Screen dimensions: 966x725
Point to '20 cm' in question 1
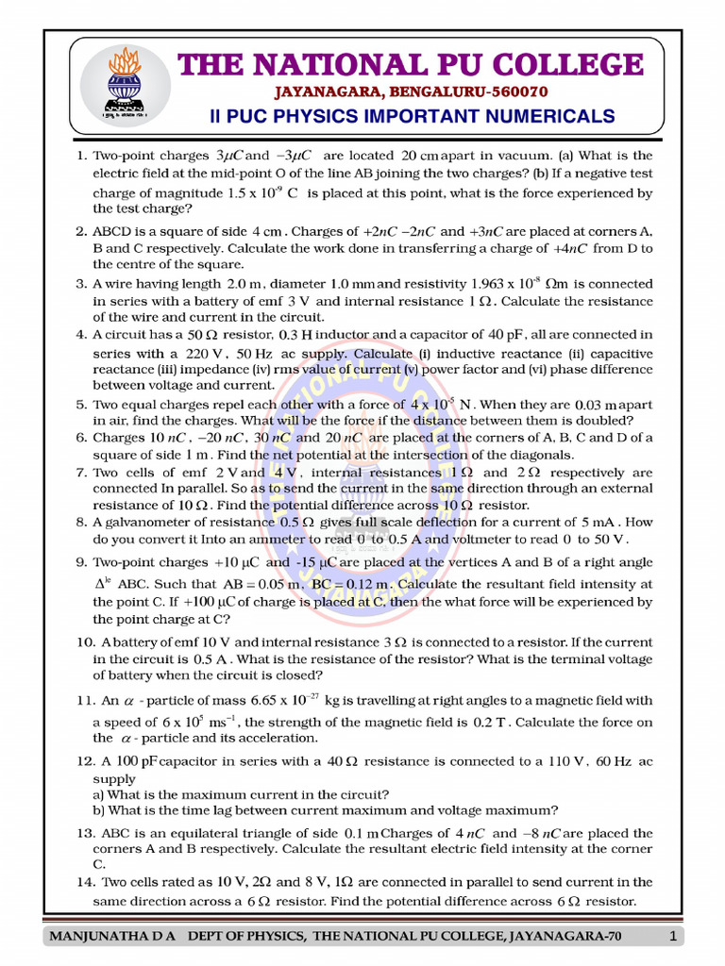(417, 155)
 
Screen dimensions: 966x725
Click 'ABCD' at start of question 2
(111, 230)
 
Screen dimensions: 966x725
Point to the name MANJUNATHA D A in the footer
(114, 936)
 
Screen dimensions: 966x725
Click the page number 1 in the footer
(672, 936)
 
